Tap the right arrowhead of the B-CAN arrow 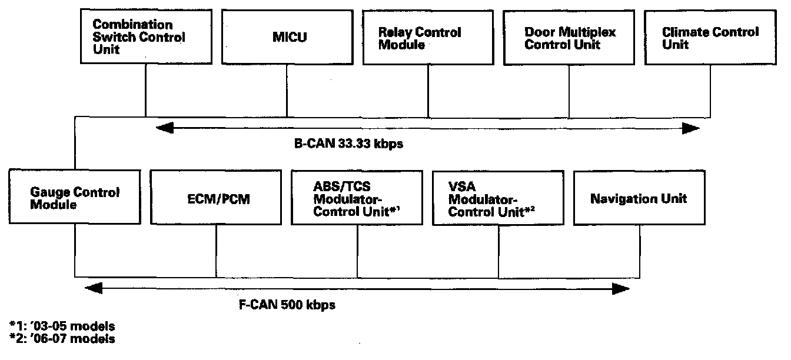coord(693,128)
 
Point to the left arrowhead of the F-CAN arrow coord(92,288)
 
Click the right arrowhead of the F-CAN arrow coord(623,288)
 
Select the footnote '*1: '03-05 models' coord(62,325)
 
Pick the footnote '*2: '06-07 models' coord(62,339)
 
